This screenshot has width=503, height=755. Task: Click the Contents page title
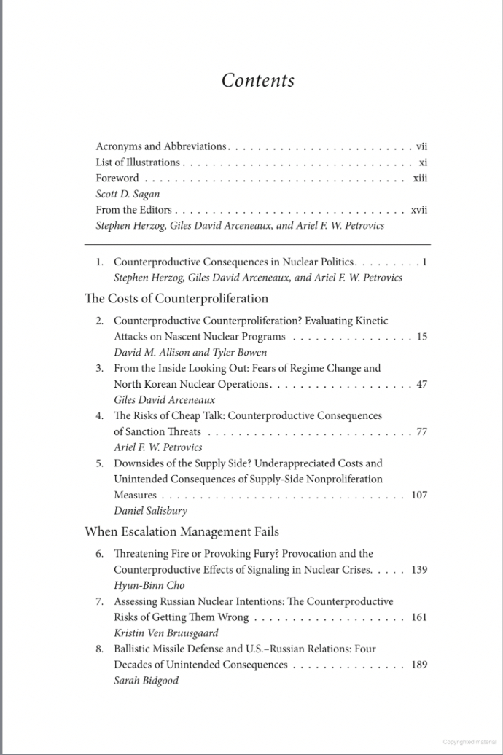pyautogui.click(x=258, y=80)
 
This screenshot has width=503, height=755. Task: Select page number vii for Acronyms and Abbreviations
pyautogui.click(x=421, y=146)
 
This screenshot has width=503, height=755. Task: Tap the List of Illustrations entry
pyautogui.click(x=138, y=163)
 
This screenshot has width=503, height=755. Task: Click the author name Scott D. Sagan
pyautogui.click(x=127, y=195)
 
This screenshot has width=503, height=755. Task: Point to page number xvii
pyautogui.click(x=418, y=211)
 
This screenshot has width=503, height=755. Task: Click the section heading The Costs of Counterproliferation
pyautogui.click(x=176, y=298)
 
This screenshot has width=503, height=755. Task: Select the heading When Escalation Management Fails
pyautogui.click(x=182, y=532)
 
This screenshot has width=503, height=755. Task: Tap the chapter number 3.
pyautogui.click(x=99, y=369)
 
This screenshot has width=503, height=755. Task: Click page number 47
pyautogui.click(x=421, y=385)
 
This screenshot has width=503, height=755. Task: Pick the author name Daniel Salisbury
pyautogui.click(x=150, y=511)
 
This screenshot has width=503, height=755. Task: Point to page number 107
pyautogui.click(x=419, y=496)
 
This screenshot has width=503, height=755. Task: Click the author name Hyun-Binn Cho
pyautogui.click(x=149, y=585)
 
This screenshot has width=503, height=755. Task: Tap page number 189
pyautogui.click(x=419, y=665)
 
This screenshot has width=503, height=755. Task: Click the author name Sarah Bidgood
pyautogui.click(x=146, y=681)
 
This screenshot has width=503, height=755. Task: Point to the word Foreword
pyautogui.click(x=117, y=179)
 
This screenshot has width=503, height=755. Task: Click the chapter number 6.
pyautogui.click(x=99, y=554)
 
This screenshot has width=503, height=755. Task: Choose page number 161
pyautogui.click(x=419, y=617)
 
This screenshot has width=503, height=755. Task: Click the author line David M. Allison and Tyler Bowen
pyautogui.click(x=190, y=353)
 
